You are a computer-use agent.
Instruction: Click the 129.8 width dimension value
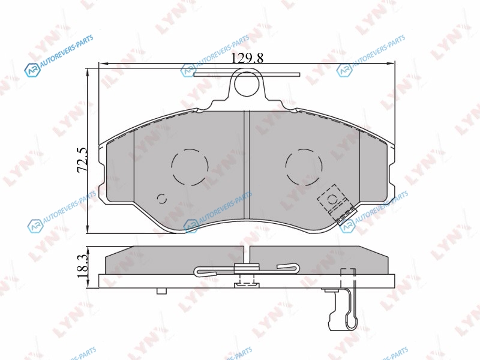[247, 58]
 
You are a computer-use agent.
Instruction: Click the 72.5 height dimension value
[82, 160]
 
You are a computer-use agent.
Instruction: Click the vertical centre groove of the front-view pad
[247, 165]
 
